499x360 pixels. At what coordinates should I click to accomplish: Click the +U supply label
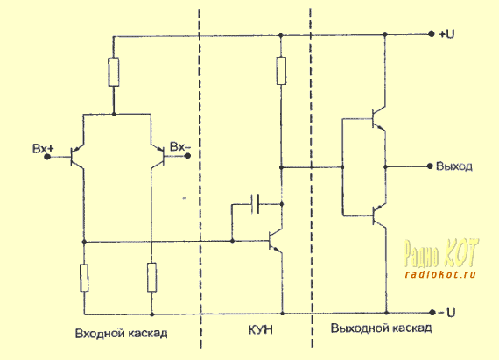tap(446, 33)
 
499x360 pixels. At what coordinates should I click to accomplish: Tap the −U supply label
tap(447, 313)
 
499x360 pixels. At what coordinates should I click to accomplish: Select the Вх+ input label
tap(43, 148)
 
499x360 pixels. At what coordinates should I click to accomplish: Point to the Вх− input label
tap(180, 147)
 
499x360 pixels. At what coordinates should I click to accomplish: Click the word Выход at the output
tap(454, 166)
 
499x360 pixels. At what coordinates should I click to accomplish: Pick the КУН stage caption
tap(260, 329)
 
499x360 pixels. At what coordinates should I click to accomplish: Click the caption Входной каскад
tap(122, 333)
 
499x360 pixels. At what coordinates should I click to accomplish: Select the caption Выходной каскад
tap(381, 328)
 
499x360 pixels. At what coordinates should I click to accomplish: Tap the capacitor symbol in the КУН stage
tap(256, 204)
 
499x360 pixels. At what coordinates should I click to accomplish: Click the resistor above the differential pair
tap(114, 72)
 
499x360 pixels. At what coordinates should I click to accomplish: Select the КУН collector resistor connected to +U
tap(281, 71)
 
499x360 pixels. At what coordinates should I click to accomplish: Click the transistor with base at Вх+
tap(77, 157)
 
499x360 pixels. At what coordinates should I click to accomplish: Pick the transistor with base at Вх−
tap(158, 156)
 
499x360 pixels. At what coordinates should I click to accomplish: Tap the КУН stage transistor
tap(275, 241)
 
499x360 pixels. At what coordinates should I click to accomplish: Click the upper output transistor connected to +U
tap(379, 119)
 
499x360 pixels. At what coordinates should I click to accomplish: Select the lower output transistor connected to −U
tap(379, 215)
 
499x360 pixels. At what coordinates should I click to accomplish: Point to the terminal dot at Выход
tap(430, 166)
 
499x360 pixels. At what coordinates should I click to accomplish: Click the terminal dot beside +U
tap(432, 34)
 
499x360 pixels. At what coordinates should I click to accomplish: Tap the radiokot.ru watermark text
tap(440, 274)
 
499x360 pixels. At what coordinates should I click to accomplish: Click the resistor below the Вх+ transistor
tap(84, 278)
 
